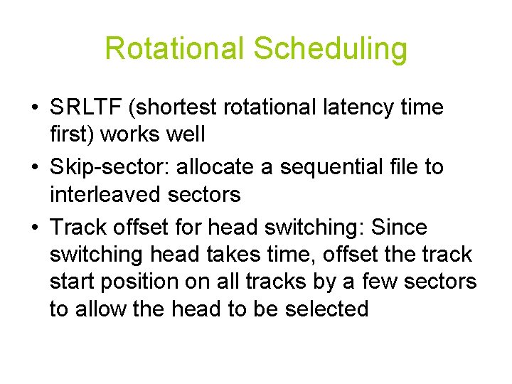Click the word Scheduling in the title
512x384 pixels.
pyautogui.click(x=330, y=49)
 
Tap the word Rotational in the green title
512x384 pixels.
pyautogui.click(x=174, y=49)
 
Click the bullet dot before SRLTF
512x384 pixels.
pyautogui.click(x=34, y=108)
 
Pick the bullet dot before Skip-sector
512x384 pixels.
pyautogui.click(x=34, y=168)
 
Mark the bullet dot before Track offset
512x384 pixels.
pyautogui.click(x=34, y=228)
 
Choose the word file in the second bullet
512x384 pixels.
pyautogui.click(x=415, y=168)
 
